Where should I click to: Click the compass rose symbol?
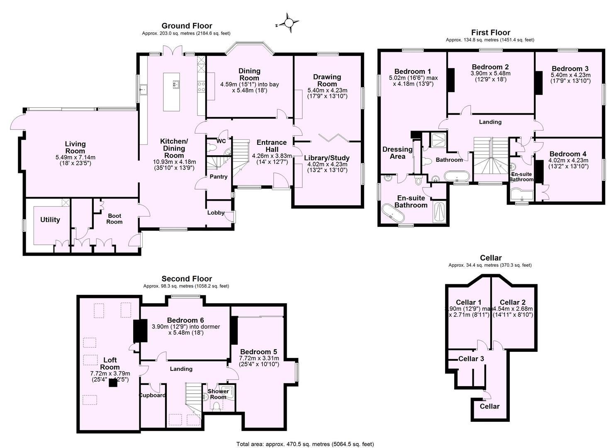(x=289, y=23)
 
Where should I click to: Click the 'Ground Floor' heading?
(x=187, y=26)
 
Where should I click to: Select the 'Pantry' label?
(x=218, y=177)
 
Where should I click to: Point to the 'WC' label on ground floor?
(x=221, y=141)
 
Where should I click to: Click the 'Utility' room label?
(x=50, y=220)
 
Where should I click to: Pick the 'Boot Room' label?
(x=114, y=219)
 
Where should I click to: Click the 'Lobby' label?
(x=216, y=213)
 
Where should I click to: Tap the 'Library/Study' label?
(x=326, y=158)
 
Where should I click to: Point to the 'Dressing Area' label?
(x=397, y=153)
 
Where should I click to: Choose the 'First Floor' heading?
(x=490, y=32)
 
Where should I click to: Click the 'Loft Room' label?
(x=110, y=363)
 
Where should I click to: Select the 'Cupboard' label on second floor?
(x=152, y=395)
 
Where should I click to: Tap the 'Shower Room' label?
(x=218, y=394)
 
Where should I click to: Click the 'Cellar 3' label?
(x=471, y=359)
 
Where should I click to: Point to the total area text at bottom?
(x=305, y=444)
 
